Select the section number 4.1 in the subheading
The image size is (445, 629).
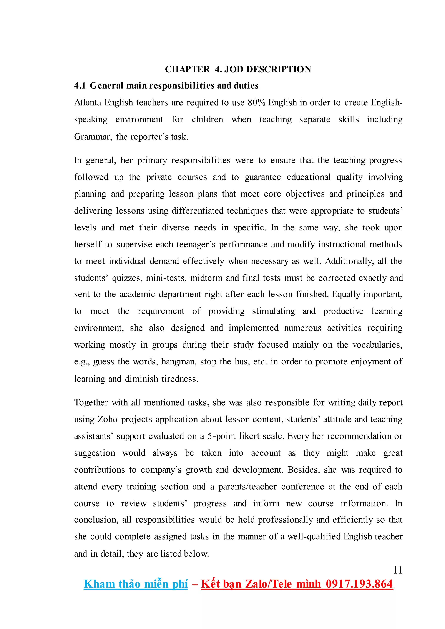click(x=80, y=86)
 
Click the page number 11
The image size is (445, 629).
click(x=398, y=570)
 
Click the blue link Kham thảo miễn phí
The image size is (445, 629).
click(x=136, y=584)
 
